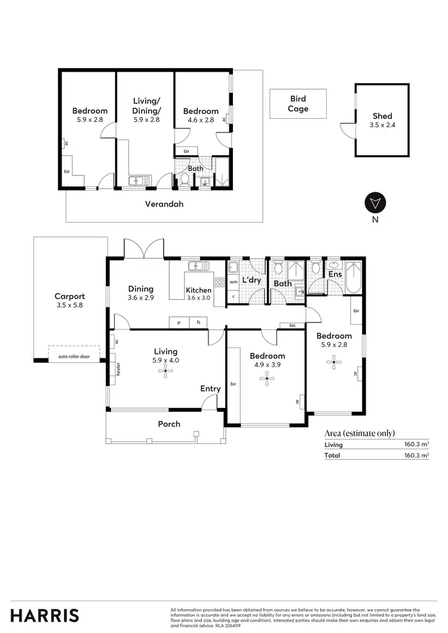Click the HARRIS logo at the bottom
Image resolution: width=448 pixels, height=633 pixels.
click(x=45, y=615)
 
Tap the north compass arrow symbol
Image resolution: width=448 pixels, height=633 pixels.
click(x=375, y=203)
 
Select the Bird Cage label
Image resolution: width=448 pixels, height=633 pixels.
click(x=298, y=104)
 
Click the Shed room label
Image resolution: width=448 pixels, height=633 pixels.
click(x=382, y=116)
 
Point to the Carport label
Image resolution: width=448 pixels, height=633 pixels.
click(x=70, y=296)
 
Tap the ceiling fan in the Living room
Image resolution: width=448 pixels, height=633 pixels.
click(x=164, y=371)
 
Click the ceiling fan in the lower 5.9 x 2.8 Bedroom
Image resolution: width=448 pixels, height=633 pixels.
click(x=334, y=360)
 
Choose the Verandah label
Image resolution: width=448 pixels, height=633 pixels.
click(x=164, y=204)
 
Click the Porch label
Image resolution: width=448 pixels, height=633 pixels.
click(x=169, y=424)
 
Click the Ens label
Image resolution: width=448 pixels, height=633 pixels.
click(x=335, y=275)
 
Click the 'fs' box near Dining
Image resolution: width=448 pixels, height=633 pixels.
click(x=198, y=322)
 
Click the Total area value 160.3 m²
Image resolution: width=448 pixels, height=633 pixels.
click(x=418, y=456)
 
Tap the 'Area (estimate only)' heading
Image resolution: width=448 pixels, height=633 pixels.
click(x=360, y=434)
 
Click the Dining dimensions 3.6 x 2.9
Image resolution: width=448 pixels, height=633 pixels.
click(x=140, y=297)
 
